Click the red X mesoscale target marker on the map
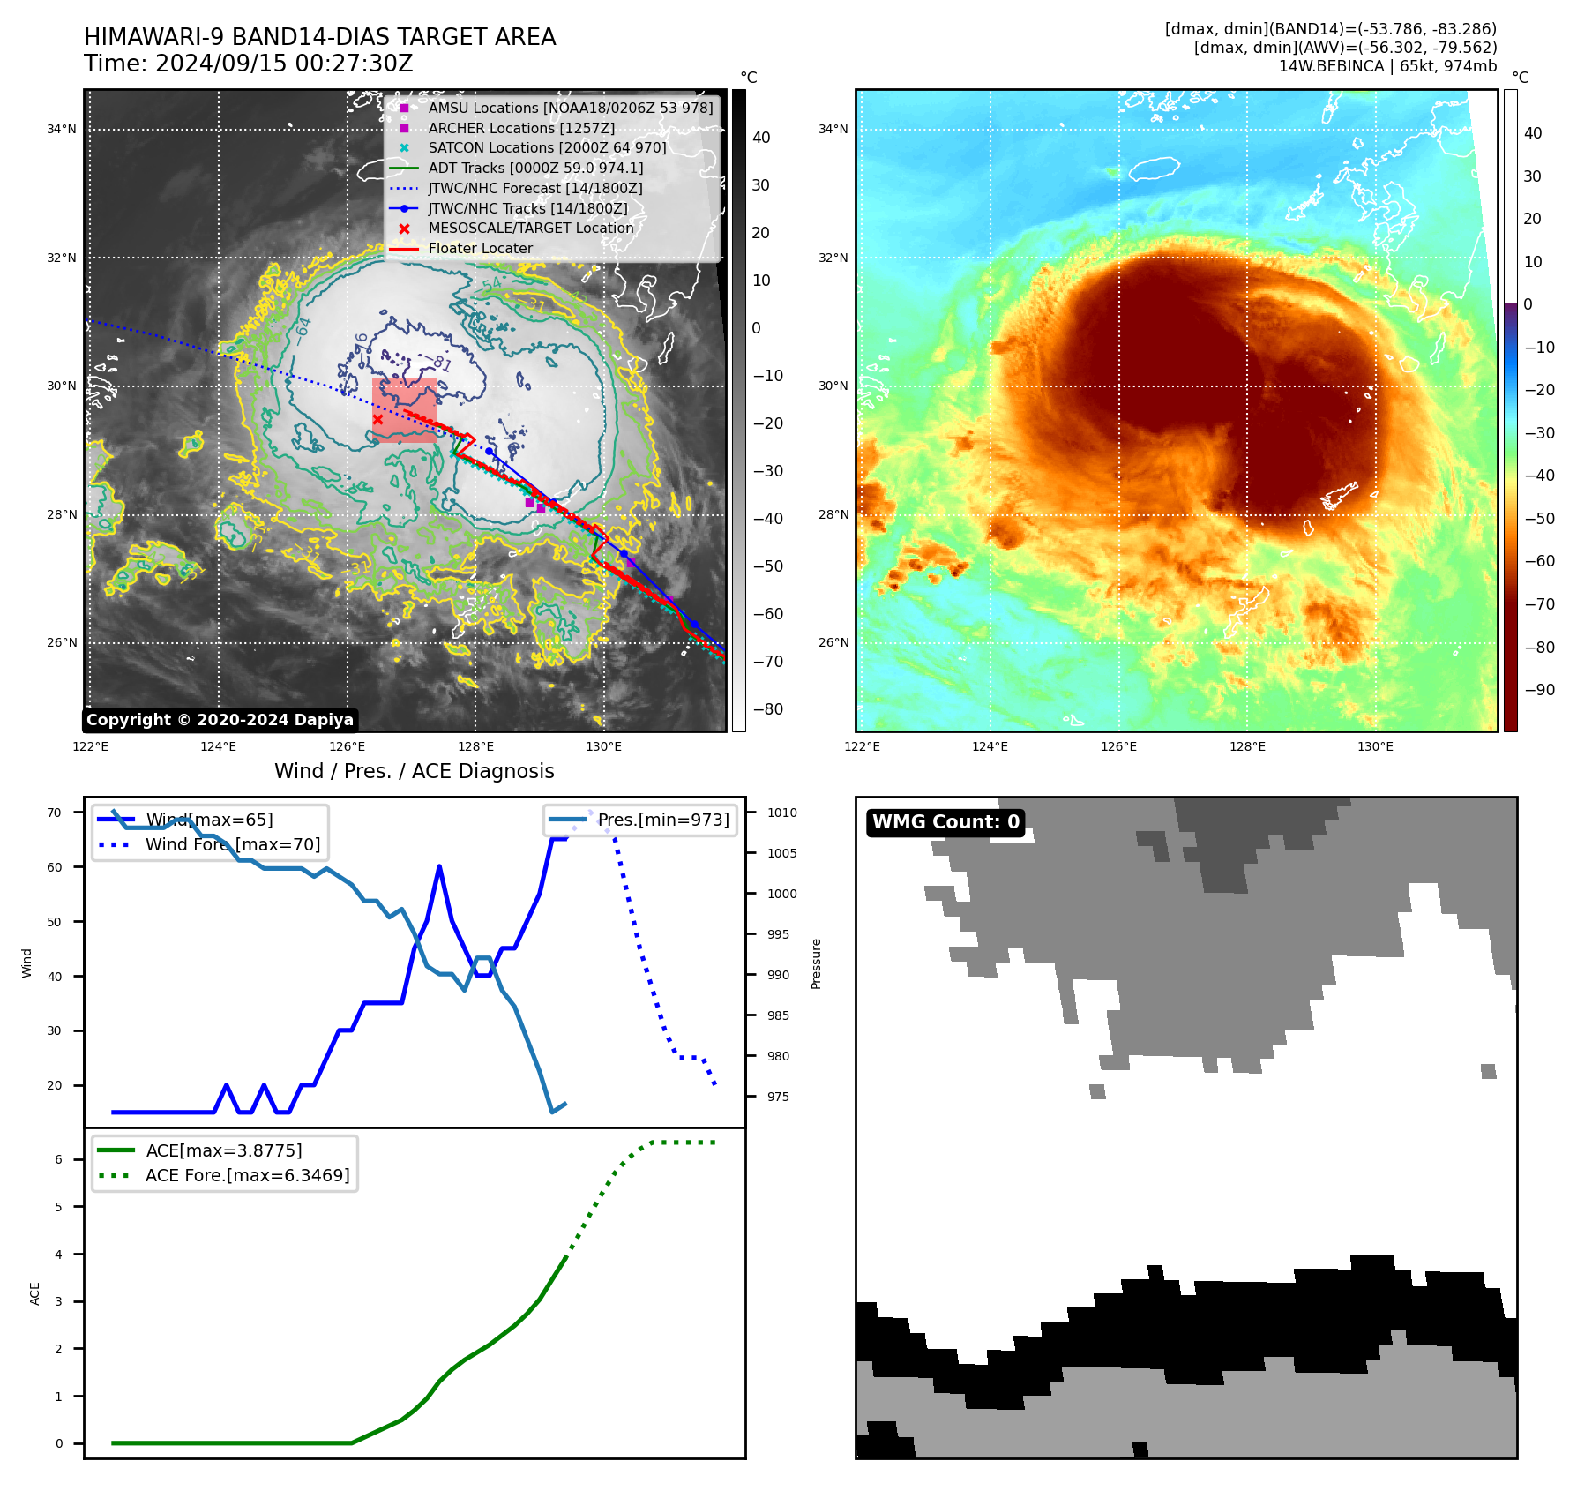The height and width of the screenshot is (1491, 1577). pyautogui.click(x=377, y=420)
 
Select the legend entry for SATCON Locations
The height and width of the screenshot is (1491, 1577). pyautogui.click(x=547, y=148)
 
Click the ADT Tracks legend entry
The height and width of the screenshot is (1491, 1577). pyautogui.click(x=535, y=169)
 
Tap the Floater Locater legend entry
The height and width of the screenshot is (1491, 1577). pyautogui.click(x=480, y=249)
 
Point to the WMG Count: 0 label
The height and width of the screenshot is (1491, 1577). pyautogui.click(x=945, y=822)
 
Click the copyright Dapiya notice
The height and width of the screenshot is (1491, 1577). pyautogui.click(x=220, y=720)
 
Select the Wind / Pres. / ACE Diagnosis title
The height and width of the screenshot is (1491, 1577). pyautogui.click(x=415, y=772)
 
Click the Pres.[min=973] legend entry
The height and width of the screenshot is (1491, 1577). pyautogui.click(x=662, y=820)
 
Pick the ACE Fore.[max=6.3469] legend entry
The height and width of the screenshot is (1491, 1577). pyautogui.click(x=247, y=1176)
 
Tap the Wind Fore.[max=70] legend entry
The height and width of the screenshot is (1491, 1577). pyautogui.click(x=233, y=845)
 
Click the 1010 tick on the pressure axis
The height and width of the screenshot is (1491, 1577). pyautogui.click(x=781, y=813)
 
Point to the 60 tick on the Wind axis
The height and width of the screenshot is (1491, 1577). pyautogui.click(x=55, y=868)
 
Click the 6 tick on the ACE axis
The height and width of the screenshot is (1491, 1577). pyautogui.click(x=59, y=1160)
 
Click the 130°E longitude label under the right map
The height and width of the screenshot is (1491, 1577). pyautogui.click(x=1375, y=747)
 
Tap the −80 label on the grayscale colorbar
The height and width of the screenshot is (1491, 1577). pyautogui.click(x=767, y=709)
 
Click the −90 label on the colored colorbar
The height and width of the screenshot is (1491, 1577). pyautogui.click(x=1539, y=690)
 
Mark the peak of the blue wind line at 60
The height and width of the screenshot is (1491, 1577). pyautogui.click(x=439, y=867)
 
